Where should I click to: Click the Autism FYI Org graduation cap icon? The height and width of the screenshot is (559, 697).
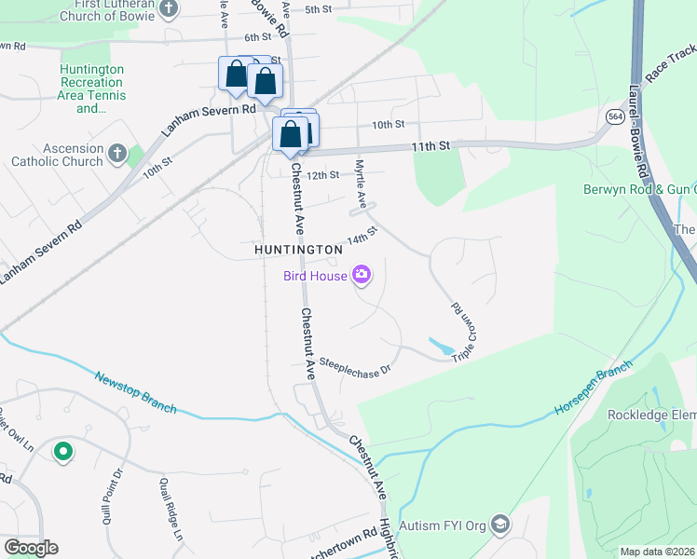pyautogui.click(x=500, y=525)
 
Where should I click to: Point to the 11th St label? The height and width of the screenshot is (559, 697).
pyautogui.click(x=430, y=146)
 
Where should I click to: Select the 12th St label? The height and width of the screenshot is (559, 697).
pyautogui.click(x=321, y=175)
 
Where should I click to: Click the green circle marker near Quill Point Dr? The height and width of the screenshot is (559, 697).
pyautogui.click(x=63, y=452)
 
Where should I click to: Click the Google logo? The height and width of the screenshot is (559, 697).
pyautogui.click(x=31, y=547)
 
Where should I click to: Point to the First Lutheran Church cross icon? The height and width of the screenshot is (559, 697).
pyautogui.click(x=169, y=9)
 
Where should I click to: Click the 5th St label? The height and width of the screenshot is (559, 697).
pyautogui.click(x=318, y=9)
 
